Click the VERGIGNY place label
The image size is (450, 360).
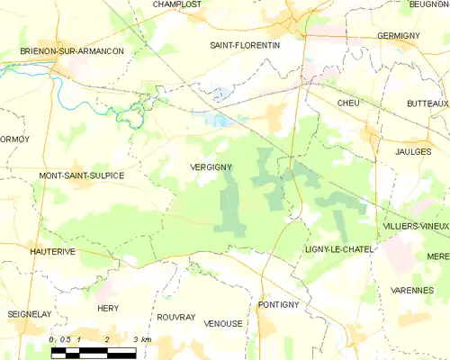(x=213, y=166)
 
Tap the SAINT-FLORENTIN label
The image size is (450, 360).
(x=245, y=44)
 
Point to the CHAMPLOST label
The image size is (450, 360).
(x=176, y=4)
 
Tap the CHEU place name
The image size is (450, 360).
(x=347, y=104)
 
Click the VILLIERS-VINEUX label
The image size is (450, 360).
(x=415, y=225)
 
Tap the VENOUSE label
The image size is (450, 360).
(x=224, y=322)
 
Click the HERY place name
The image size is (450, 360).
(x=107, y=308)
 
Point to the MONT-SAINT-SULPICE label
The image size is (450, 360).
(x=81, y=175)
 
